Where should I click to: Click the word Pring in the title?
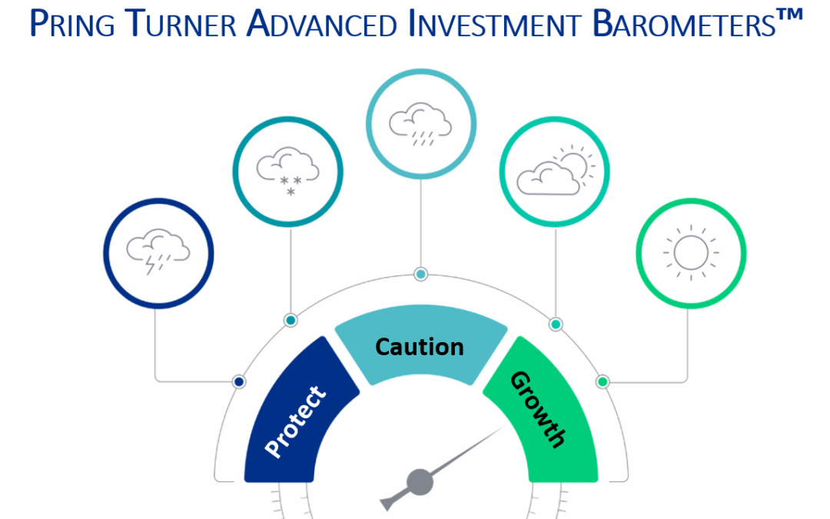click(x=73, y=24)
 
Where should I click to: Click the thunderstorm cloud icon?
click(x=158, y=252)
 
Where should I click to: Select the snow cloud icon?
click(x=288, y=172)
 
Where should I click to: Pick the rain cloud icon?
click(x=420, y=123)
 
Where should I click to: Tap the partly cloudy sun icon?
click(x=555, y=172)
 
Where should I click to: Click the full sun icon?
click(x=690, y=252)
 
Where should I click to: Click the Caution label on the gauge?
click(x=420, y=347)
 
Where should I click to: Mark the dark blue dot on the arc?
click(x=239, y=381)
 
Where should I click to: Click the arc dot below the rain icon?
click(x=420, y=274)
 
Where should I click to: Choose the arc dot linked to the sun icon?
click(x=603, y=381)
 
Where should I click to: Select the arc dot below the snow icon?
click(x=290, y=320)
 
